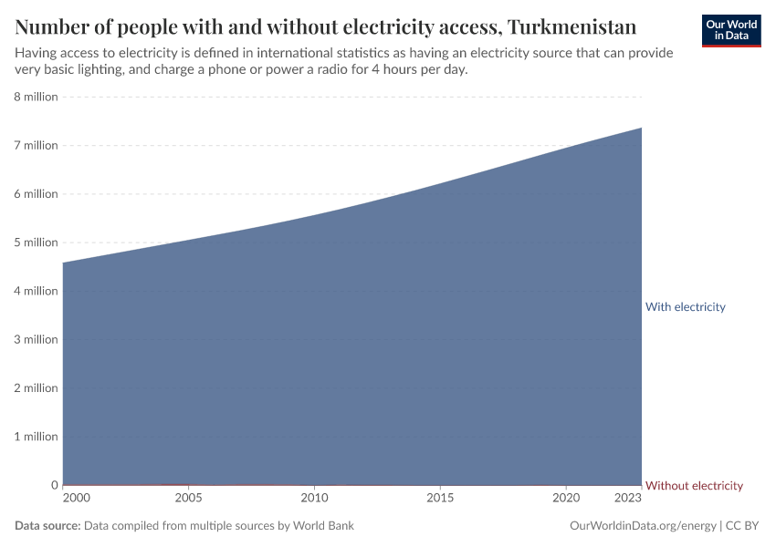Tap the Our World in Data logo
[x=731, y=30]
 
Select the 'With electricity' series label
[x=685, y=307]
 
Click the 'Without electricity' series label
[x=694, y=486]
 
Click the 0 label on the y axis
[x=55, y=485]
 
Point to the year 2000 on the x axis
[x=77, y=499]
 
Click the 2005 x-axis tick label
[x=188, y=499]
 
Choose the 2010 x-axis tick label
[x=314, y=499]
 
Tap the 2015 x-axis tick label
[x=440, y=499]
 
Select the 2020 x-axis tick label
[x=566, y=499]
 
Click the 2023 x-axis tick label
[x=628, y=499]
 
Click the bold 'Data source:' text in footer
[x=47, y=526]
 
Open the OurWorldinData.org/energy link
[x=642, y=526]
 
